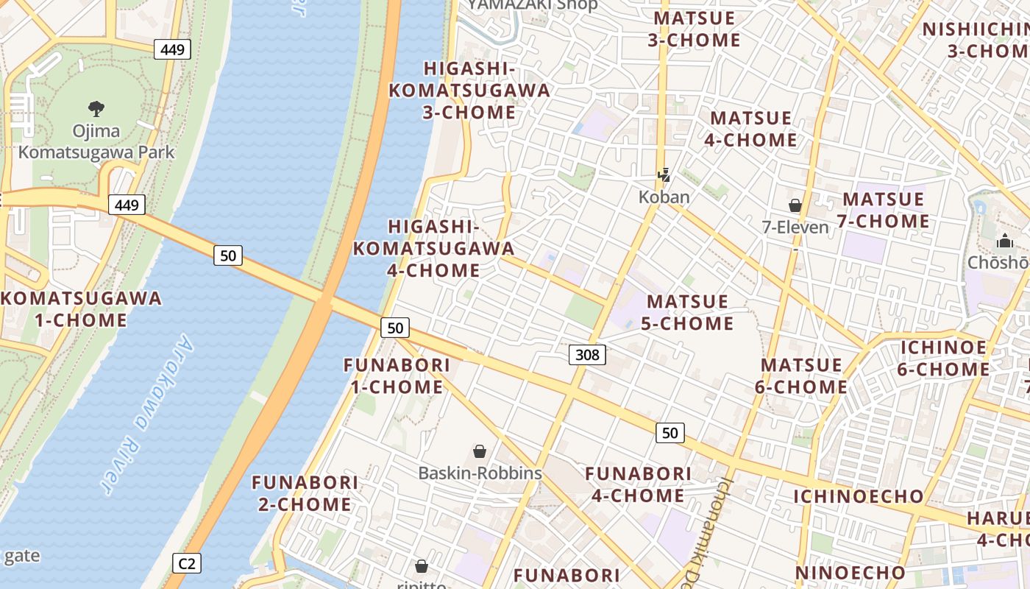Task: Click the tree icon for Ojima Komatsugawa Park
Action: (96, 110)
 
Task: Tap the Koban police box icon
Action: (664, 175)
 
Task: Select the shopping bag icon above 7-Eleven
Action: (795, 205)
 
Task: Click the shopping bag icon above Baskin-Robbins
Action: (480, 451)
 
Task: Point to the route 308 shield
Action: (587, 356)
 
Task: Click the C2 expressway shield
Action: (187, 563)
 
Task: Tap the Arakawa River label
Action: (147, 416)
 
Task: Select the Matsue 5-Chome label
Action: (687, 312)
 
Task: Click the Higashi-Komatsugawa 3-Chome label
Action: (469, 91)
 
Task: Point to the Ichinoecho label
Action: (858, 496)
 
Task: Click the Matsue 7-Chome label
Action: (883, 210)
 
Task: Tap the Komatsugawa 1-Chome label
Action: (81, 309)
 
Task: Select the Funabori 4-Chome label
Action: (638, 484)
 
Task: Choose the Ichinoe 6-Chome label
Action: (943, 358)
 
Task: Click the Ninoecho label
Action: (850, 573)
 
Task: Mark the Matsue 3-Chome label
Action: (694, 29)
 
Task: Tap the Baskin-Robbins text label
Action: (480, 473)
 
